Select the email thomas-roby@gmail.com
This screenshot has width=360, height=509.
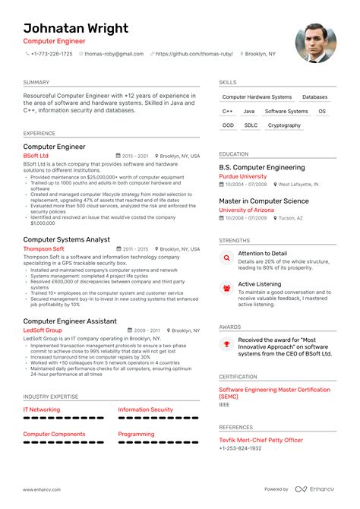[x=114, y=54]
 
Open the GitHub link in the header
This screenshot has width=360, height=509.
[x=193, y=54]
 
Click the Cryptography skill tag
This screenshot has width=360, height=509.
[x=284, y=125]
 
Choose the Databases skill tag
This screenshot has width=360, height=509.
[x=314, y=97]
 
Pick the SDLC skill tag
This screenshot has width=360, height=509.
[x=251, y=125]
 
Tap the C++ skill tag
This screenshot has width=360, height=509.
[x=228, y=111]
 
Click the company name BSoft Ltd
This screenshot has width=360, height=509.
[x=36, y=155]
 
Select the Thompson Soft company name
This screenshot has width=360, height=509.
[x=43, y=248]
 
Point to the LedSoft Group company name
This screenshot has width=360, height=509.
[x=43, y=330]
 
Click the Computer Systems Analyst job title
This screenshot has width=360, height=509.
[x=67, y=239]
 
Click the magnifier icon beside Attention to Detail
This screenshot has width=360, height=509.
[x=226, y=258]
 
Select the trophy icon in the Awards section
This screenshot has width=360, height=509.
[x=226, y=344]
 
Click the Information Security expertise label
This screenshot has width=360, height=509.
[x=145, y=409]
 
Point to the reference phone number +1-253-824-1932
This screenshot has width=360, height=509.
[x=240, y=448]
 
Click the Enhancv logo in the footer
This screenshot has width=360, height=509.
[x=316, y=489]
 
